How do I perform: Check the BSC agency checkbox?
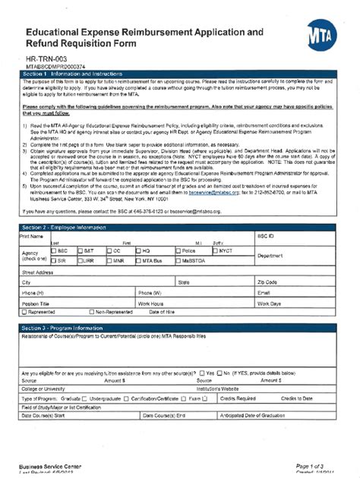point(53,250)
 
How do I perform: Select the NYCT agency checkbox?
point(216,250)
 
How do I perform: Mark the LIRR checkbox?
point(81,260)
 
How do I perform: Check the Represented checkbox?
point(24,312)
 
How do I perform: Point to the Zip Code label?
point(270,281)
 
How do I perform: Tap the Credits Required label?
point(238,398)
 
